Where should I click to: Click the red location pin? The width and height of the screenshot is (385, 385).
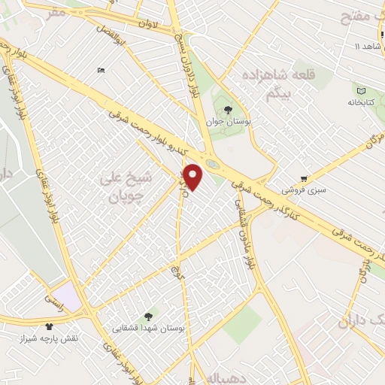pos(193,177)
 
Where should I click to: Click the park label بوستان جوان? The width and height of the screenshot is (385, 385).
pos(229,121)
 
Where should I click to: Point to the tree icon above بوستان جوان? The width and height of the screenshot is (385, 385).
pos(228,110)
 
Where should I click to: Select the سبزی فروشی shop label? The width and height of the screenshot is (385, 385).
pos(303,190)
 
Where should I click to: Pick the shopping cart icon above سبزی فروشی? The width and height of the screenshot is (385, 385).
pos(304,179)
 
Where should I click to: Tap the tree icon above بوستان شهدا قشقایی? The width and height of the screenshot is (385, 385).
pos(148,317)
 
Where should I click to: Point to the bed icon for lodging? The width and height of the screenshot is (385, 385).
pos(102,71)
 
